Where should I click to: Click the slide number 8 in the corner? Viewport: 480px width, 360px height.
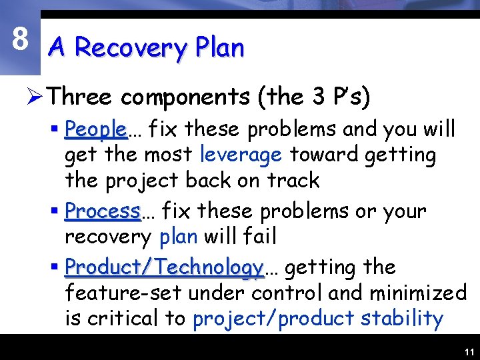pyautogui.click(x=20, y=39)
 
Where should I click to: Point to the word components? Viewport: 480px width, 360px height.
pyautogui.click(x=185, y=98)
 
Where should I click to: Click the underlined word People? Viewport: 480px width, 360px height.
pyautogui.click(x=96, y=128)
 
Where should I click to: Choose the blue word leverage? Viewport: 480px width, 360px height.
pyautogui.click(x=241, y=155)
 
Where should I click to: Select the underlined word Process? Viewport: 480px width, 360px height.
pyautogui.click(x=103, y=211)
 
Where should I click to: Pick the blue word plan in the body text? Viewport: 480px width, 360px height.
pyautogui.click(x=178, y=237)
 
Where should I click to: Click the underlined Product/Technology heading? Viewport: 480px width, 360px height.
pyautogui.click(x=164, y=267)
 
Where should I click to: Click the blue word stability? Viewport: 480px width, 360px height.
pyautogui.click(x=402, y=319)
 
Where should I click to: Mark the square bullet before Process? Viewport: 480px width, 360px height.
pyautogui.click(x=55, y=211)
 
